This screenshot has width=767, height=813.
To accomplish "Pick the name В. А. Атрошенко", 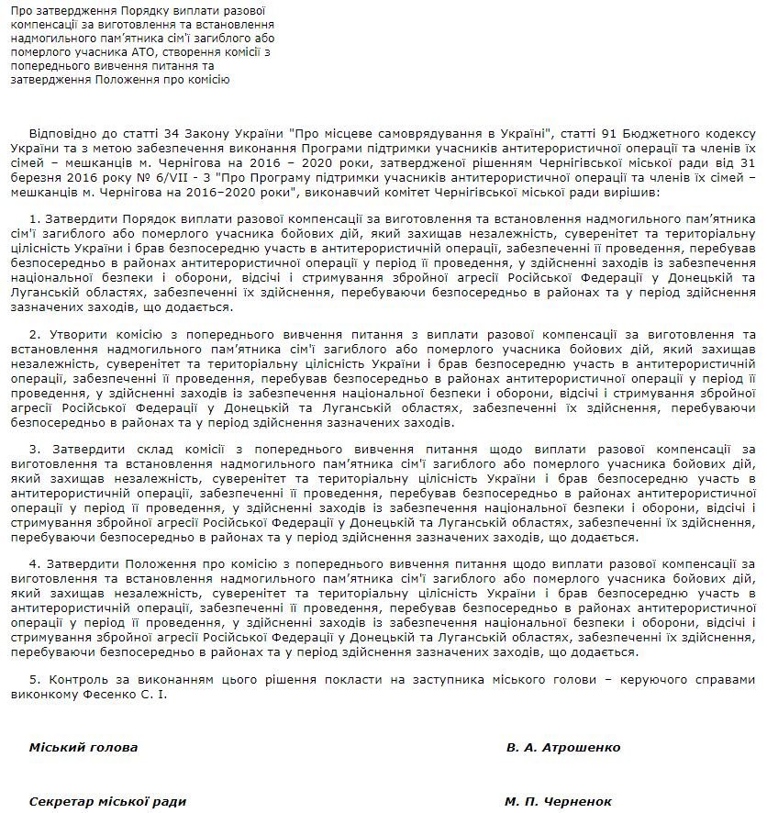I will tap(563, 747).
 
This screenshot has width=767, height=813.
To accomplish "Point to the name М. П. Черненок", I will tap(559, 800).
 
